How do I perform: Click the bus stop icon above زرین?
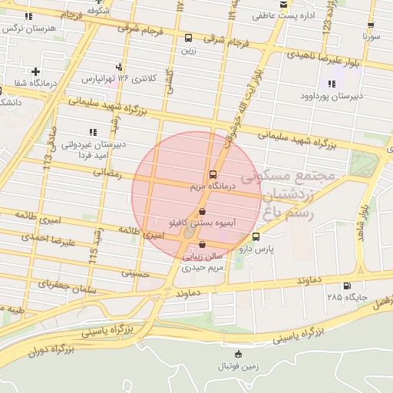(x=188, y=38)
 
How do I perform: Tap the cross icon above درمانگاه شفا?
(x=35, y=72)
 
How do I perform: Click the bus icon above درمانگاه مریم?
(x=213, y=174)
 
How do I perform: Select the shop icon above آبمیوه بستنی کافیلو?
(x=202, y=210)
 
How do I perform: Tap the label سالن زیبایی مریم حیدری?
(x=202, y=263)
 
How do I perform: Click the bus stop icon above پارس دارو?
(x=256, y=236)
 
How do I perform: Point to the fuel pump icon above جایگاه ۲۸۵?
(x=347, y=286)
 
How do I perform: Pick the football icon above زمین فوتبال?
(x=237, y=354)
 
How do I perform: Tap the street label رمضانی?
(x=107, y=173)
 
